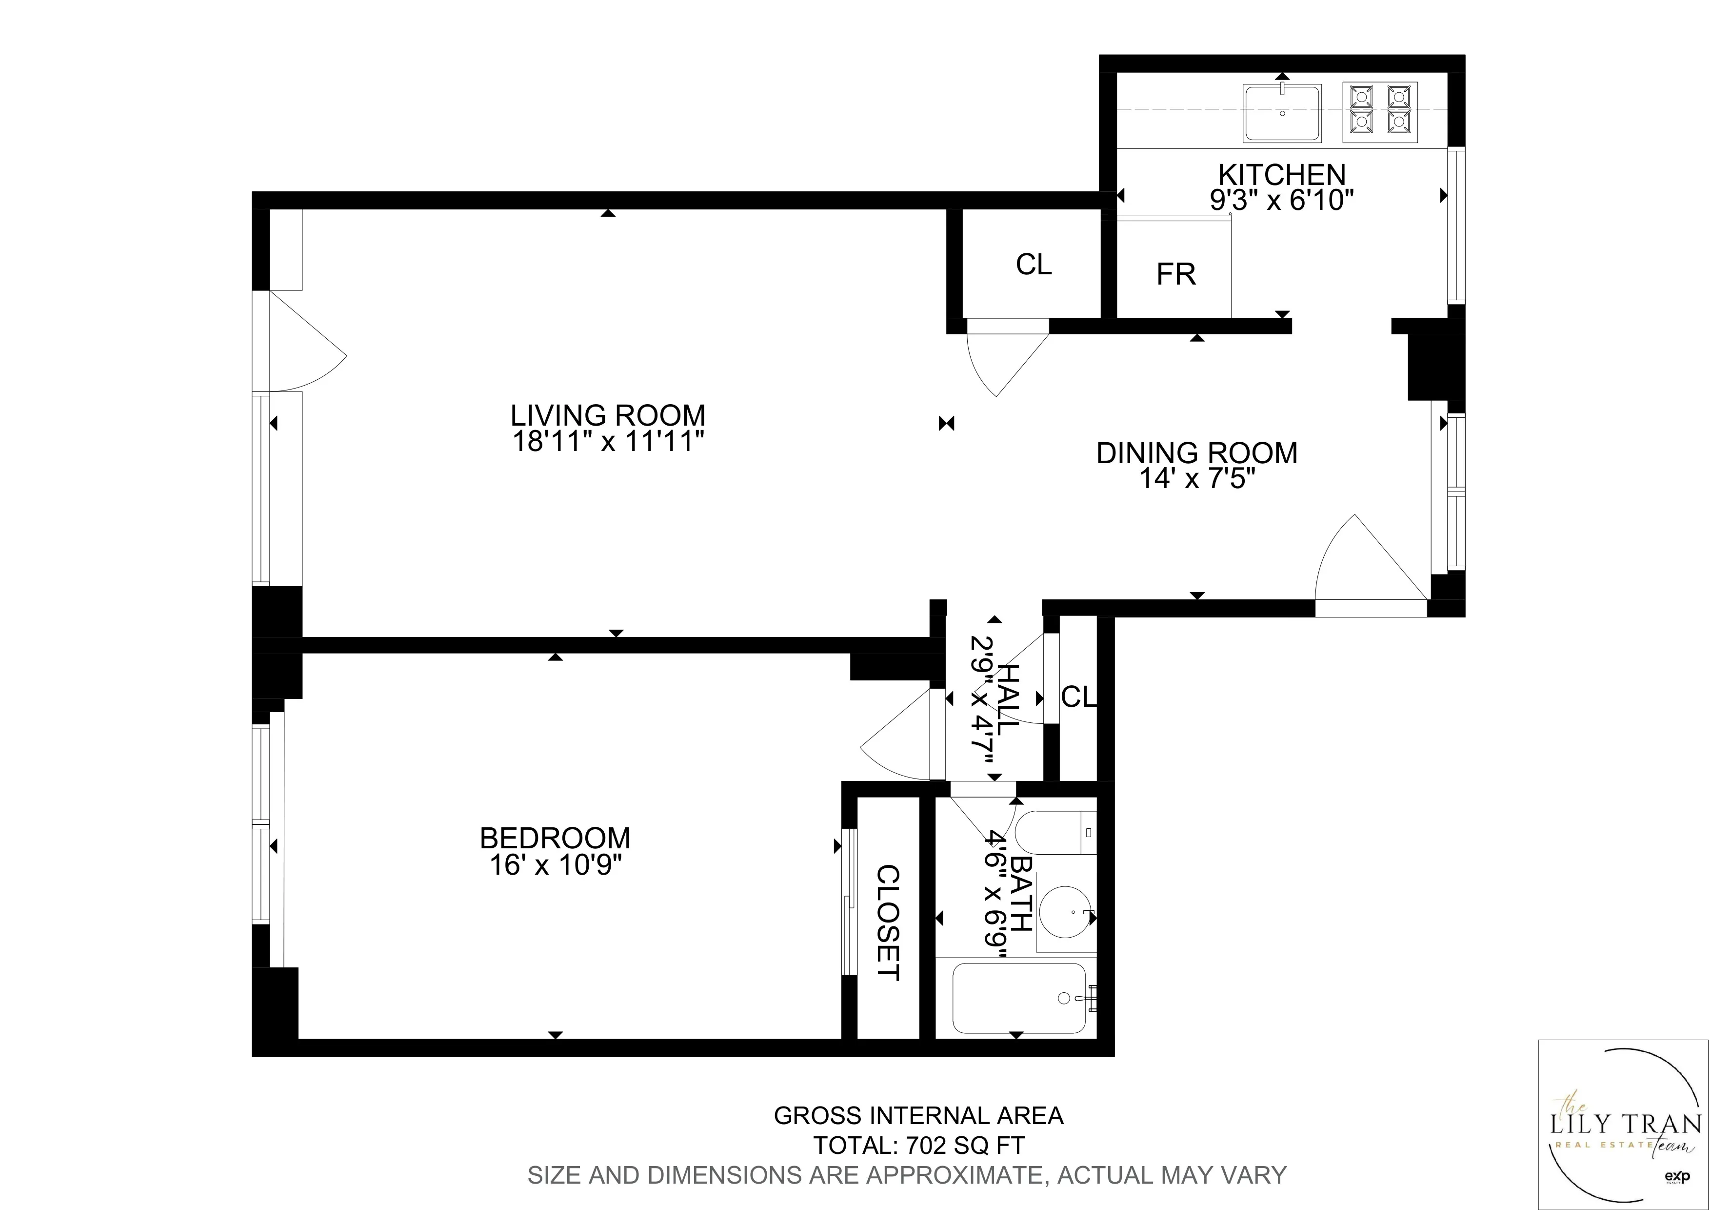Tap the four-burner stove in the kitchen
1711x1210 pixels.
point(1379,113)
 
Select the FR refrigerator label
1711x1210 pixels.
point(1176,274)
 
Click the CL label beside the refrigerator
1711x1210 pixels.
point(1034,264)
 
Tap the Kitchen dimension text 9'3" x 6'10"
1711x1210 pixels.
point(1282,200)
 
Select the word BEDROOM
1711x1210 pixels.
point(555,838)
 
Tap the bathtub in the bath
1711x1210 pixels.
point(1019,998)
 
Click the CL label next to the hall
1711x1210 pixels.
point(1078,697)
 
